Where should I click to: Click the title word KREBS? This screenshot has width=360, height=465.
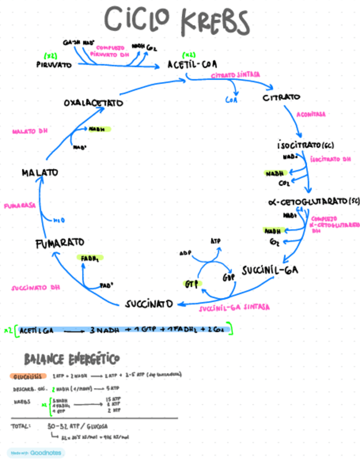point(214,22)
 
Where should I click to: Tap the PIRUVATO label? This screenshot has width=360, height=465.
point(54,64)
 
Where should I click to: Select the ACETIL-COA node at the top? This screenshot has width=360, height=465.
point(193,64)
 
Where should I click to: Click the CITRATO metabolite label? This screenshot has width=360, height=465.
point(282,98)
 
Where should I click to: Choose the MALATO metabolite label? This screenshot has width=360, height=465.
point(40,173)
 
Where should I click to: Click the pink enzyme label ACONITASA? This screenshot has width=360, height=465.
point(311,115)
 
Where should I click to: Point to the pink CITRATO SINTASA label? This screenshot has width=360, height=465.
point(235,74)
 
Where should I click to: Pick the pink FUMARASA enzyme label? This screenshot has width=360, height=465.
point(20,206)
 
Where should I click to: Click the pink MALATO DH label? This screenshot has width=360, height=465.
point(31,132)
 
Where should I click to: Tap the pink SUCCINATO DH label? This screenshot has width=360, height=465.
point(35,287)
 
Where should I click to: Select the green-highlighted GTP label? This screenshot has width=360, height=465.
point(190,284)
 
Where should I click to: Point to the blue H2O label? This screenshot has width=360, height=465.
point(59,220)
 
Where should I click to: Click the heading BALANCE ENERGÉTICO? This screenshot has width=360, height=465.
point(71,359)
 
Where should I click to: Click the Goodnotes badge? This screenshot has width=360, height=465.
point(36,453)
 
